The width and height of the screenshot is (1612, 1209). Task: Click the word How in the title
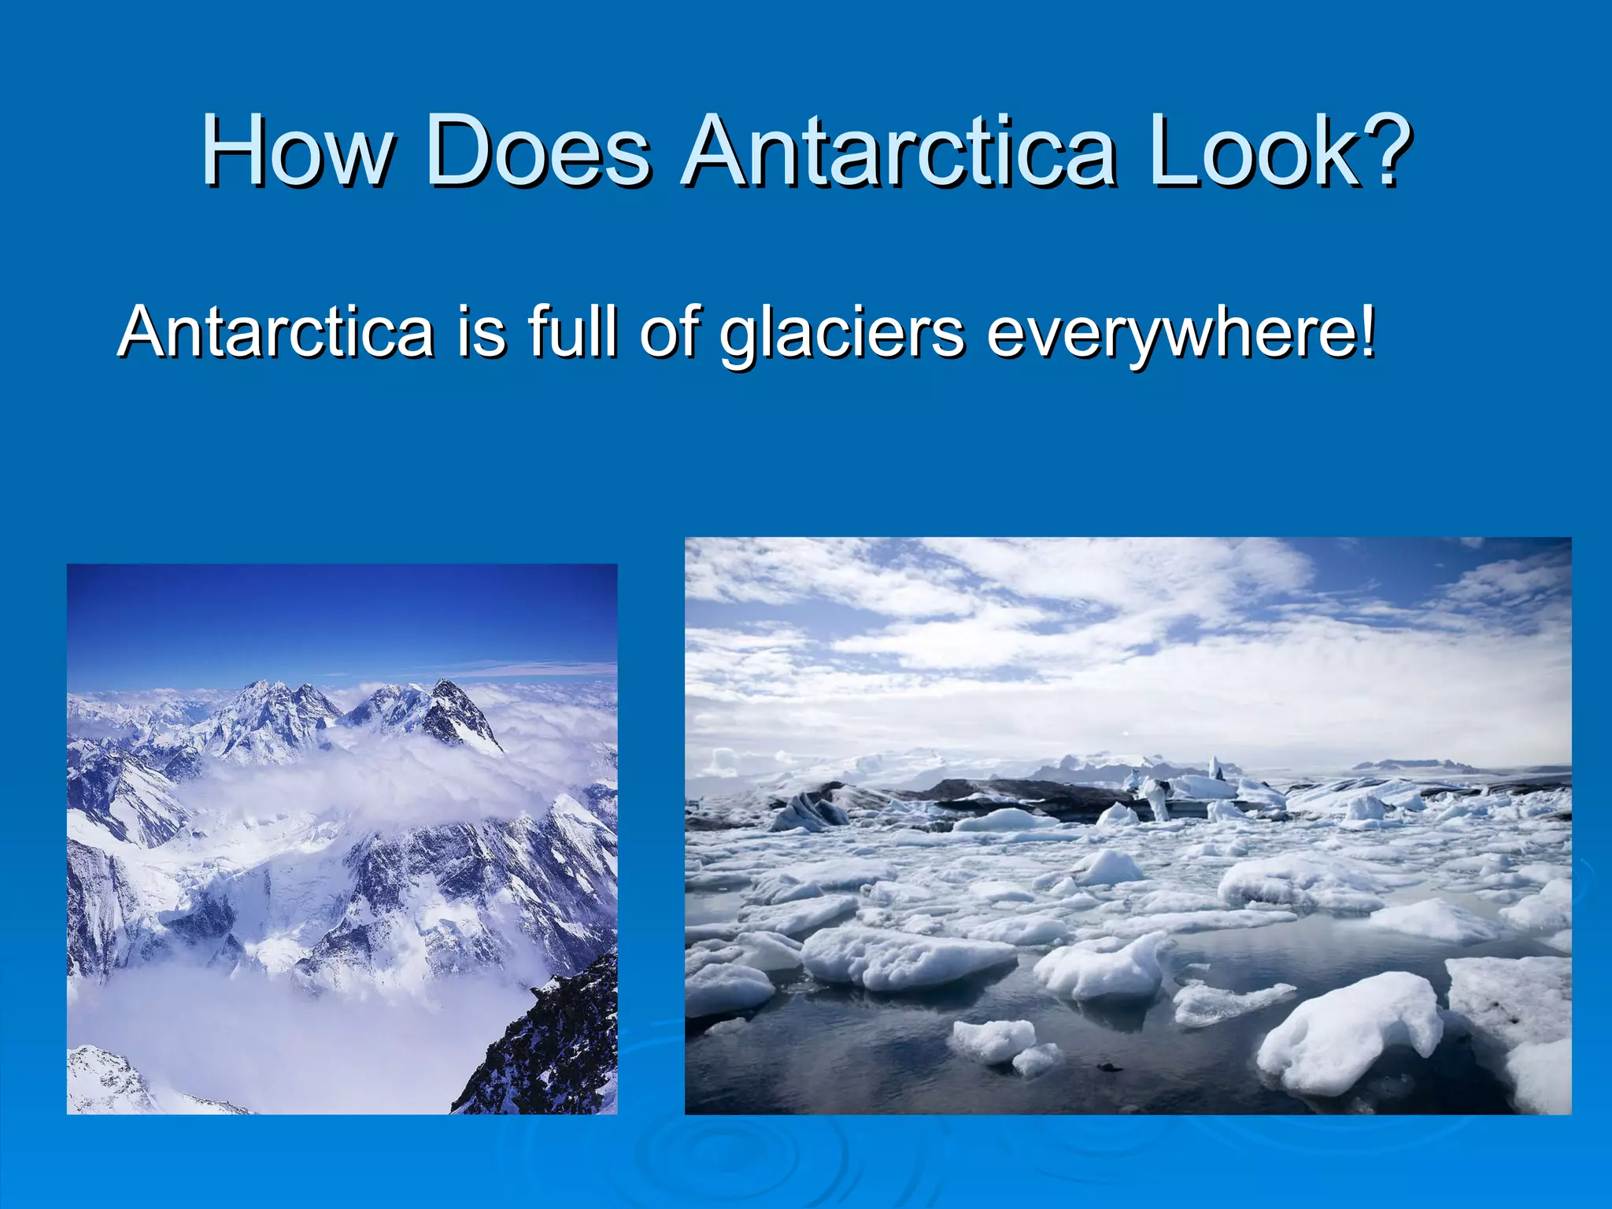(297, 151)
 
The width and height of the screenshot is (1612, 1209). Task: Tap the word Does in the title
(538, 151)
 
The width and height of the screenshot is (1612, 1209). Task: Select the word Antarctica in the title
(900, 151)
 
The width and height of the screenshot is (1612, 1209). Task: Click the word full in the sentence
(572, 331)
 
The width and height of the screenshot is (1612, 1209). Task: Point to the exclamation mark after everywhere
(1368, 331)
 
